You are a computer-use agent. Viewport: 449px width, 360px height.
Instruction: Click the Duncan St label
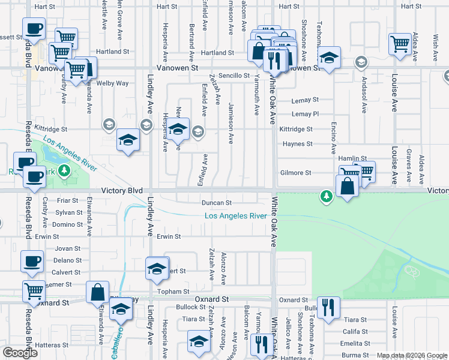pyautogui.click(x=216, y=203)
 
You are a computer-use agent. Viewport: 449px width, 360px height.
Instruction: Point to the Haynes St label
pyautogui.click(x=297, y=144)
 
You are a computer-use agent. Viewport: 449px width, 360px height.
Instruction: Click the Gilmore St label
pyautogui.click(x=295, y=173)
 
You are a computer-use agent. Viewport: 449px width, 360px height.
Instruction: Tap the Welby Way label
pyautogui.click(x=116, y=83)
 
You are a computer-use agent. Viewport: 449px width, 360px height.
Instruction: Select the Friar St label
pyautogui.click(x=68, y=202)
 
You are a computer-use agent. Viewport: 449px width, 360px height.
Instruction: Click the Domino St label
pyautogui.click(x=67, y=224)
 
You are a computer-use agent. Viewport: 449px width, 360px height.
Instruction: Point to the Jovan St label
pyautogui.click(x=68, y=248)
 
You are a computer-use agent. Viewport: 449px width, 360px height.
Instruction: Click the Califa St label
pyautogui.click(x=355, y=332)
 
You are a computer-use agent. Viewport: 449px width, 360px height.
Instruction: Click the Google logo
pyautogui.click(x=20, y=353)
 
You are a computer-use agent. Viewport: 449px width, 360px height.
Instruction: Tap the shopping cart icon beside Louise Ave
pyautogui.click(x=399, y=44)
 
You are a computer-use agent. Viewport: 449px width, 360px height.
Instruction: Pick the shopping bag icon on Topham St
pyautogui.click(x=97, y=293)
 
